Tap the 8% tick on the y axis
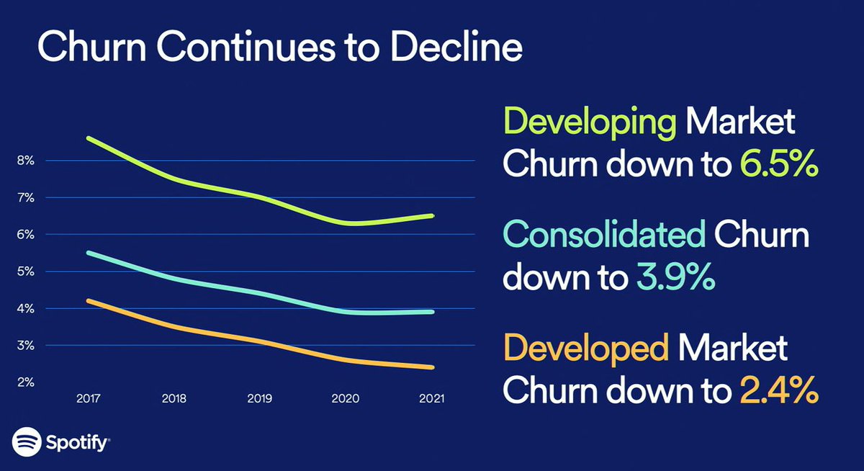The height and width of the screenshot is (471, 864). [x=25, y=161]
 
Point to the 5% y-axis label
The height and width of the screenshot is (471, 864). [x=25, y=272]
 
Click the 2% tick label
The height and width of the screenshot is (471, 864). [x=25, y=382]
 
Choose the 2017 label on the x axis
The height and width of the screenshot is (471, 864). [x=87, y=398]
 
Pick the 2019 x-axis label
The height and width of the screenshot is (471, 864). [x=260, y=398]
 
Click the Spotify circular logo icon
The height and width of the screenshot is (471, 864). [x=26, y=441]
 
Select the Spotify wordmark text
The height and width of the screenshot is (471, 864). [x=76, y=441]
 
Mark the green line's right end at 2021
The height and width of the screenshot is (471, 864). [x=432, y=215]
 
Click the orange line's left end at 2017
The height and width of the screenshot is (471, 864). [x=88, y=300]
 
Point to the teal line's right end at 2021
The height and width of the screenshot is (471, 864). [x=432, y=312]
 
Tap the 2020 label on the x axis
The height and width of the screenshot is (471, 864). [x=346, y=398]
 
